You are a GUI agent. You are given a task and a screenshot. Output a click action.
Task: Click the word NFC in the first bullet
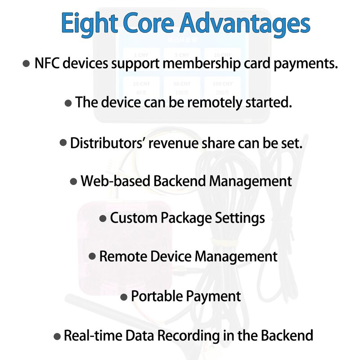click(x=47, y=63)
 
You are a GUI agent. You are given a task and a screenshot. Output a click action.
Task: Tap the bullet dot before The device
click(x=68, y=103)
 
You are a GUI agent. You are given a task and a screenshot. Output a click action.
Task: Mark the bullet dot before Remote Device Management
click(x=92, y=256)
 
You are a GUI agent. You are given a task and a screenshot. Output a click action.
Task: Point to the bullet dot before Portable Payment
click(x=124, y=297)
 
